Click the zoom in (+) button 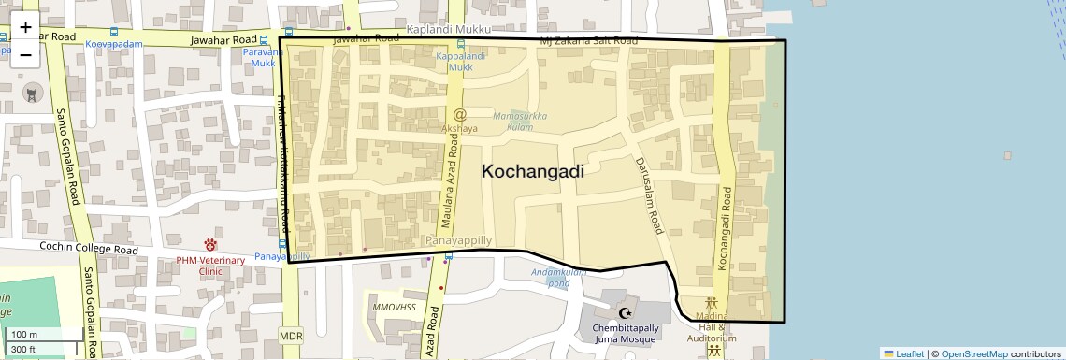[x=25, y=27]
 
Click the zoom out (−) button [x=25, y=55]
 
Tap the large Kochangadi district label [x=532, y=171]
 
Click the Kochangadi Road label [x=725, y=228]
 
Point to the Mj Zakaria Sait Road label [x=589, y=42]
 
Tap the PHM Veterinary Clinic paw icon [x=210, y=245]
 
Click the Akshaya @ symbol [x=459, y=114]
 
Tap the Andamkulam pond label [x=557, y=277]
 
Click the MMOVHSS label [x=393, y=307]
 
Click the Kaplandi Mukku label [x=448, y=30]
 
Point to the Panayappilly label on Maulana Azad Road [x=458, y=240]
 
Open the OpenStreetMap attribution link [x=973, y=353]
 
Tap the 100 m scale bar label [x=24, y=335]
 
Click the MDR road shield [x=291, y=335]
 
